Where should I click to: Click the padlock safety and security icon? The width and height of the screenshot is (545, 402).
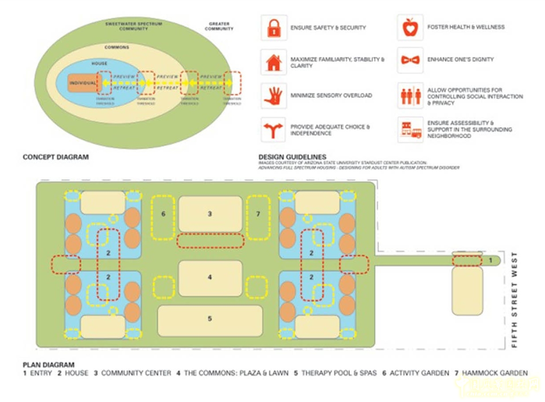274,27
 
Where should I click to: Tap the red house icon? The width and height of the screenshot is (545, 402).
274,62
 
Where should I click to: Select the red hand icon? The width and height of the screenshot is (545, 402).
273,95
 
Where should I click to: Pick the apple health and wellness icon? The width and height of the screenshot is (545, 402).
410,27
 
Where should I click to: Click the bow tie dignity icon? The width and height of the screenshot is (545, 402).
410,60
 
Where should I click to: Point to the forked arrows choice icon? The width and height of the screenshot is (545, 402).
273,129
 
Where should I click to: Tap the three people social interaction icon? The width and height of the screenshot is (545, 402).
410,96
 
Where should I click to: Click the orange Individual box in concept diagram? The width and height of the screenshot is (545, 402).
83,83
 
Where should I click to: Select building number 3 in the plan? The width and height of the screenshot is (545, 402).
210,214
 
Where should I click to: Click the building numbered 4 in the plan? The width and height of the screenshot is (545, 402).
210,278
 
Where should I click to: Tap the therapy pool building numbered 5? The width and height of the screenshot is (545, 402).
210,319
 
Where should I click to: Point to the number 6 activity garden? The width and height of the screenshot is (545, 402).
163,214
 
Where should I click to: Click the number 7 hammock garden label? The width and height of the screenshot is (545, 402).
258,214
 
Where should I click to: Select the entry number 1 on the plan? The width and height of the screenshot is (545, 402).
490,260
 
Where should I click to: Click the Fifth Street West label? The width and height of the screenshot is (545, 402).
514,300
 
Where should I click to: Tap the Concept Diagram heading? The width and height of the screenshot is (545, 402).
55,157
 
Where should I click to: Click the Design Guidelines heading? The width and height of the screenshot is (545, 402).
292,157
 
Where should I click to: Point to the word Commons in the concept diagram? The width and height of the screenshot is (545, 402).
117,47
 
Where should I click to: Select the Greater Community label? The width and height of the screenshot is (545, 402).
218,26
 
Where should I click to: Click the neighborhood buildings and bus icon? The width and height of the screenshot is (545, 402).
410,129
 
